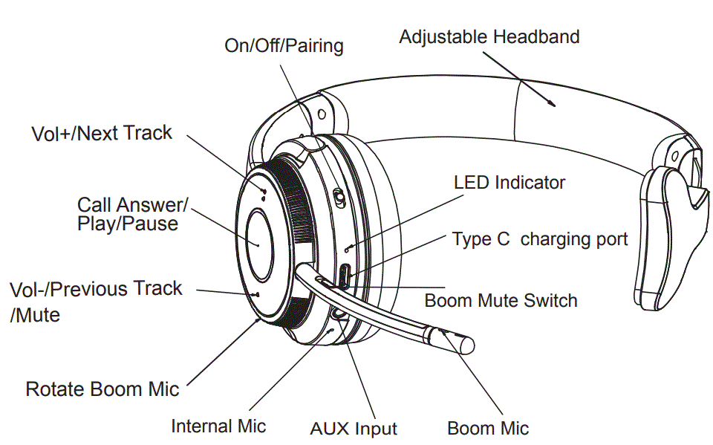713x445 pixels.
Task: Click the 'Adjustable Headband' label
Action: [x=489, y=36]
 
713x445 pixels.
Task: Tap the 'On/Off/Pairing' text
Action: [x=284, y=46]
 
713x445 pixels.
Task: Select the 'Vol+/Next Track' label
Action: [x=102, y=134]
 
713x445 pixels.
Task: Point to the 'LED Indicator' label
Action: [x=509, y=182]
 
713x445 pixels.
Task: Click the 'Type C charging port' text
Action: [x=540, y=239]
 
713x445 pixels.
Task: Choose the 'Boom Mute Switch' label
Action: [x=501, y=301]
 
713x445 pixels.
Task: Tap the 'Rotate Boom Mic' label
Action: [x=102, y=389]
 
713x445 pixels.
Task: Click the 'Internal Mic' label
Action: [x=218, y=426]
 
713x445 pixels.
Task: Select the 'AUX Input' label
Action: [x=354, y=429]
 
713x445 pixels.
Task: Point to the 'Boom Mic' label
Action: [x=488, y=429]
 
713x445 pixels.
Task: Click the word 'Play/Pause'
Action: [x=128, y=224]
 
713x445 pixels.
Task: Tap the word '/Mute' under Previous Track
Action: [x=35, y=315]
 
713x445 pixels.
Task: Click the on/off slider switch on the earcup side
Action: [x=338, y=199]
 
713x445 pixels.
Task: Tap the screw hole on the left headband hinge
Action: [x=321, y=115]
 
